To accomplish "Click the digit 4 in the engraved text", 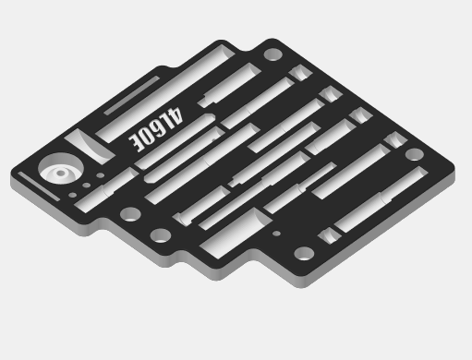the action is coord(175,115).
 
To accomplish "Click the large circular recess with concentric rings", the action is coord(61,169).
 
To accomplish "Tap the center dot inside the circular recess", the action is coord(61,174).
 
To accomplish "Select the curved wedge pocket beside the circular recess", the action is coord(90,146).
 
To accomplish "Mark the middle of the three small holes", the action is coord(87,186).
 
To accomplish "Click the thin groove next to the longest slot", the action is coord(131,95).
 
